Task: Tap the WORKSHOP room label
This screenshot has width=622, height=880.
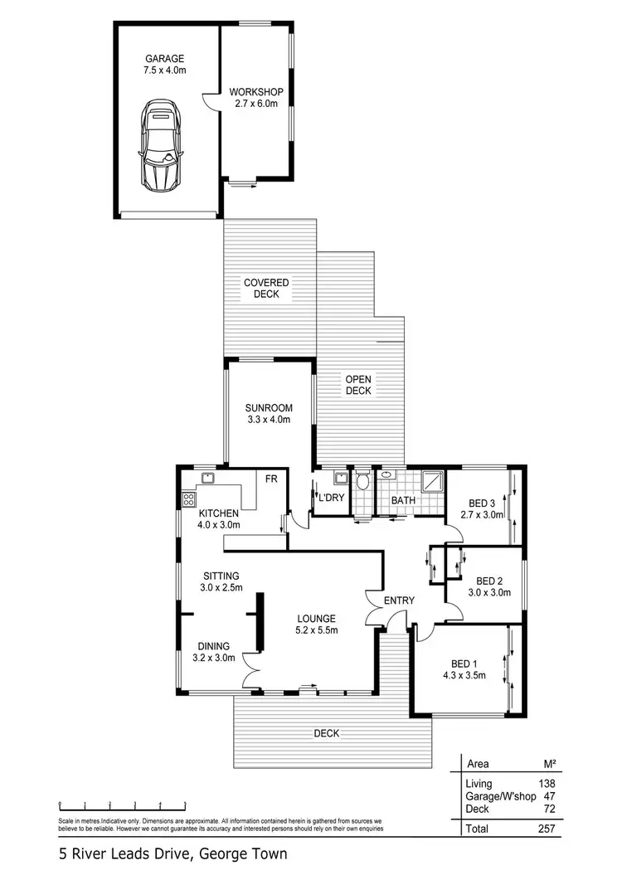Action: pos(255,91)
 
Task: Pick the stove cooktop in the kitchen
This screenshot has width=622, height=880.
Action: pos(188,499)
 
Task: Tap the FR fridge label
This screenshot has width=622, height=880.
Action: pos(270,479)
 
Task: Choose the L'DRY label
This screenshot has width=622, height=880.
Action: pos(331,497)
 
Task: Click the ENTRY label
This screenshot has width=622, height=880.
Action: pos(399,600)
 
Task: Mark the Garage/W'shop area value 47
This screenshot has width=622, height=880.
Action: pos(547,795)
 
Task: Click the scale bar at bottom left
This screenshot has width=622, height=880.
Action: pos(122,804)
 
